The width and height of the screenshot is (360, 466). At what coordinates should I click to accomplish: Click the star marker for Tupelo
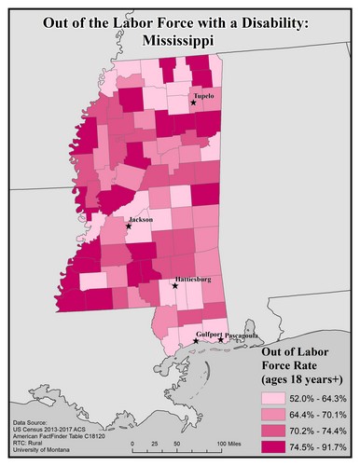pos(193,103)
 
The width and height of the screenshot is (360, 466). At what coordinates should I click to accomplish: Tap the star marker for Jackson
pos(129,226)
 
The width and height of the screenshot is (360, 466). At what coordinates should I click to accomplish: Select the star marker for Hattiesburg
pos(175,286)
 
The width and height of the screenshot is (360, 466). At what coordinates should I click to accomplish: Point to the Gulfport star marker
pos(195,342)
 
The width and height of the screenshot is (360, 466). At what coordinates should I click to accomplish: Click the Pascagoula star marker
pos(221,340)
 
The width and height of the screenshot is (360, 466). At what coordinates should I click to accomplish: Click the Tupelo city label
pos(204,96)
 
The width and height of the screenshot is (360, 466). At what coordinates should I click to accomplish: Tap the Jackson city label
pos(142,220)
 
